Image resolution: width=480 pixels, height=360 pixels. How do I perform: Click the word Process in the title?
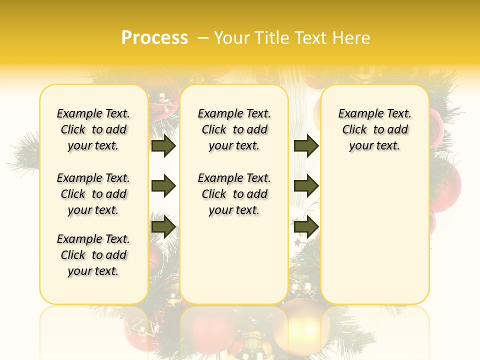(x=154, y=38)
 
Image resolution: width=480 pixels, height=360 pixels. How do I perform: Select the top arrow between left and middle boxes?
(x=163, y=146)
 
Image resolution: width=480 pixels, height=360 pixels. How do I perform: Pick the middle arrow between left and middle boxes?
(x=163, y=186)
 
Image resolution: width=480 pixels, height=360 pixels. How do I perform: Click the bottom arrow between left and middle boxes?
(x=163, y=226)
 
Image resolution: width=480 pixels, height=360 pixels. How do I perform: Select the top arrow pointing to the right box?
(x=306, y=146)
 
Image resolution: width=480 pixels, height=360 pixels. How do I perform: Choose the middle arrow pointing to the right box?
(x=306, y=186)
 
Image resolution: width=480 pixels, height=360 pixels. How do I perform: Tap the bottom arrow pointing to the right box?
(x=306, y=226)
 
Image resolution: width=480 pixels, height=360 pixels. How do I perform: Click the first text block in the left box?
(x=93, y=129)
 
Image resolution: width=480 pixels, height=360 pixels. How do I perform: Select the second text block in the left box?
(x=93, y=194)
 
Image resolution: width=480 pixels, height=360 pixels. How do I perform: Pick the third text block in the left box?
(x=93, y=255)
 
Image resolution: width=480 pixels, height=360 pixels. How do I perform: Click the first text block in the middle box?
(x=234, y=129)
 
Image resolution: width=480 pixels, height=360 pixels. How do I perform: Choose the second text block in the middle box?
(x=234, y=194)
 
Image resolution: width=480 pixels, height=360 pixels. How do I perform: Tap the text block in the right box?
(x=374, y=129)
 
